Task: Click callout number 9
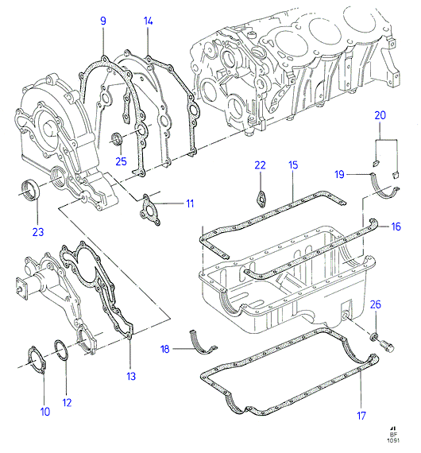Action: coord(103,21)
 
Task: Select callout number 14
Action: coord(148,21)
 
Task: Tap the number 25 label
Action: coord(121,161)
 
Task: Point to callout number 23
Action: coord(38,232)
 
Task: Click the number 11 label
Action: coord(190,203)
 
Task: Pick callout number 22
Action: coord(260,165)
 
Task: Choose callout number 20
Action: coord(380,115)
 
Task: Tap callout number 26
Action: coord(376,304)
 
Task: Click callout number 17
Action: coord(361,416)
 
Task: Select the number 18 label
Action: coord(164,349)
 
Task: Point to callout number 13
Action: coord(131,376)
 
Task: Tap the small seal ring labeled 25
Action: coord(117,138)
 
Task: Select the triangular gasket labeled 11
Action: coord(150,210)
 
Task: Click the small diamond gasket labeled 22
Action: coord(261,199)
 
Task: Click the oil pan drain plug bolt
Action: coord(386,346)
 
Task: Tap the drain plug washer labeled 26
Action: coord(374,336)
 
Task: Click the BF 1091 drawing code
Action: coord(393,436)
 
